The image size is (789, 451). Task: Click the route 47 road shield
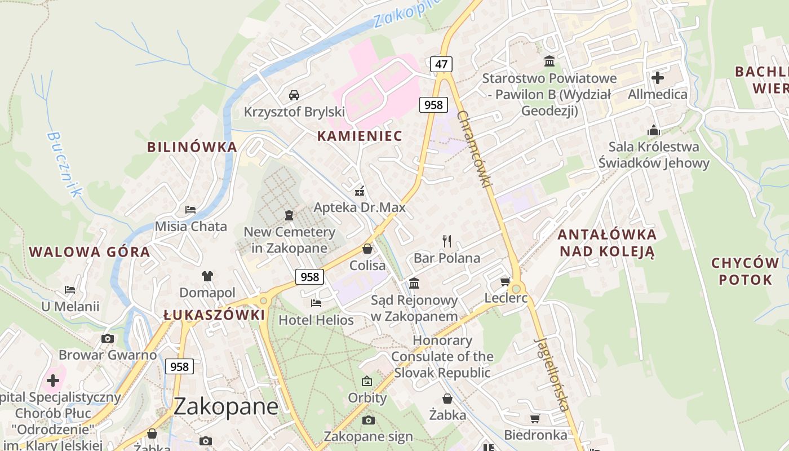(441, 64)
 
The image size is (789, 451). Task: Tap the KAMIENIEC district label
(360, 136)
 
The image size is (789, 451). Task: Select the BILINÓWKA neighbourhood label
(192, 147)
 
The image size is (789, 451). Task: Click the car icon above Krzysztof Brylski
(294, 95)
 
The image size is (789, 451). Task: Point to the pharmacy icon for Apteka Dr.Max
(360, 191)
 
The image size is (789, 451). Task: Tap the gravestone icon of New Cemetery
(289, 215)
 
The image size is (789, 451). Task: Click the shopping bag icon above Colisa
(367, 249)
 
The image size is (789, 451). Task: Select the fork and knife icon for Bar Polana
(447, 241)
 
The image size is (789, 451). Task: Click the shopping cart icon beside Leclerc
(506, 281)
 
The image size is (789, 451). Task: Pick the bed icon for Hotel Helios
(316, 303)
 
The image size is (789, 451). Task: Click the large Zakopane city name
(225, 406)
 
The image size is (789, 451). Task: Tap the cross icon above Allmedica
(658, 77)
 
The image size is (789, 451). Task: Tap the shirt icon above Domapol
(207, 276)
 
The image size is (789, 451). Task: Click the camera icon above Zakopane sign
(368, 420)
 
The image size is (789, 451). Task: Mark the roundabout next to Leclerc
(516, 289)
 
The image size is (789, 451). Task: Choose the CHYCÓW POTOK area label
(744, 271)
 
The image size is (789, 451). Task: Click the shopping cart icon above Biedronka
(535, 418)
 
